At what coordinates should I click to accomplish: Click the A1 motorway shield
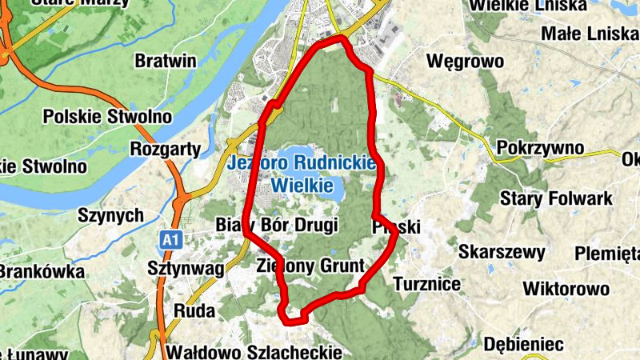pyautogui.click(x=168, y=238)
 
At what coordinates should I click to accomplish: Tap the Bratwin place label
pyautogui.click(x=166, y=61)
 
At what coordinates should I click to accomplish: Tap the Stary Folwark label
pyautogui.click(x=556, y=198)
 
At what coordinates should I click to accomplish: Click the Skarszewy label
pyautogui.click(x=502, y=252)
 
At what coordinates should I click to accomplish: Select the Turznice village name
pyautogui.click(x=427, y=283)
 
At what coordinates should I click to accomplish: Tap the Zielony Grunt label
pyautogui.click(x=310, y=266)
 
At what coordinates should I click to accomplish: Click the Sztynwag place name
pyautogui.click(x=186, y=268)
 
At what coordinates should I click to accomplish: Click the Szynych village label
pyautogui.click(x=110, y=215)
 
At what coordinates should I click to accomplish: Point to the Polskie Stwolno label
pyautogui.click(x=107, y=117)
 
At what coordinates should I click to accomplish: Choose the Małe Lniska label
pyautogui.click(x=589, y=34)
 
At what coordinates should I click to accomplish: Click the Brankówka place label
pyautogui.click(x=41, y=272)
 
